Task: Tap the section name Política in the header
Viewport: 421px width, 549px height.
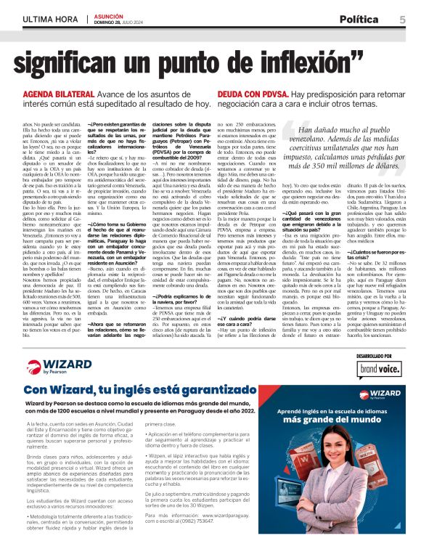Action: [358, 20]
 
